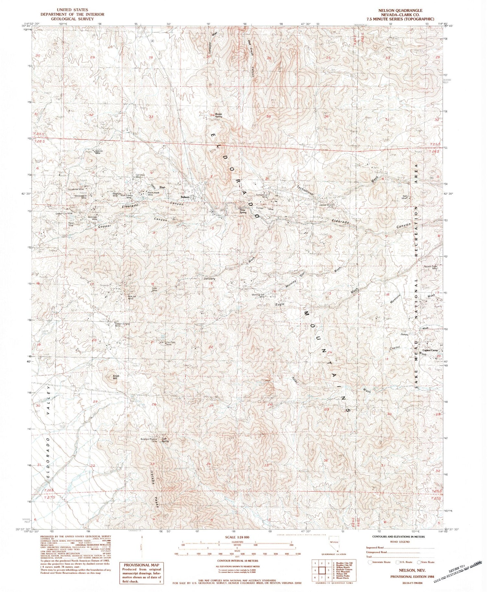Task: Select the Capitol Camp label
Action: point(431,350)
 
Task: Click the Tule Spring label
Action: point(166,440)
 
